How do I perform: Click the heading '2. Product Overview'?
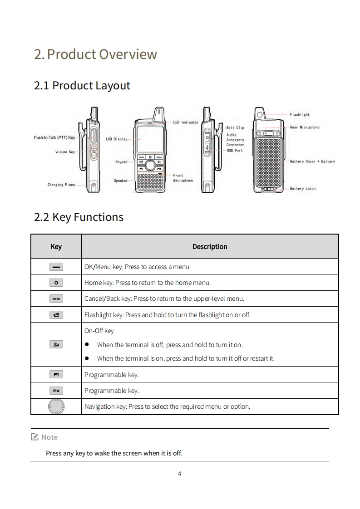click(95, 54)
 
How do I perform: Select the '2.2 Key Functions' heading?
click(79, 217)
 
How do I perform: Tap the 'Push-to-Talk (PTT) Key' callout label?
click(54, 137)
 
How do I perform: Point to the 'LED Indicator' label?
click(186, 122)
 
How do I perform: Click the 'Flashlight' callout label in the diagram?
click(300, 115)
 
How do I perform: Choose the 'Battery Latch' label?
click(302, 189)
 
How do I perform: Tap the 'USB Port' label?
click(235, 150)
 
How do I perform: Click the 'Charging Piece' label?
click(61, 185)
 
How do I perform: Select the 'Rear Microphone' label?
click(304, 127)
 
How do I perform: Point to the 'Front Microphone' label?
click(183, 178)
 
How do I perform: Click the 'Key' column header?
click(56, 247)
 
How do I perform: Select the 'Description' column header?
click(210, 247)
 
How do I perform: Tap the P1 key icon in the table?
click(56, 374)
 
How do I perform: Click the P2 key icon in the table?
click(56, 391)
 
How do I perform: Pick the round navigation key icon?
click(56, 406)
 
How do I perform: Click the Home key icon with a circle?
click(56, 283)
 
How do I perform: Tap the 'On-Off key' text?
click(99, 331)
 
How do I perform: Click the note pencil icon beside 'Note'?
click(35, 437)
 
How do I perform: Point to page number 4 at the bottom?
click(180, 474)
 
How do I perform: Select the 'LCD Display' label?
click(117, 139)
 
